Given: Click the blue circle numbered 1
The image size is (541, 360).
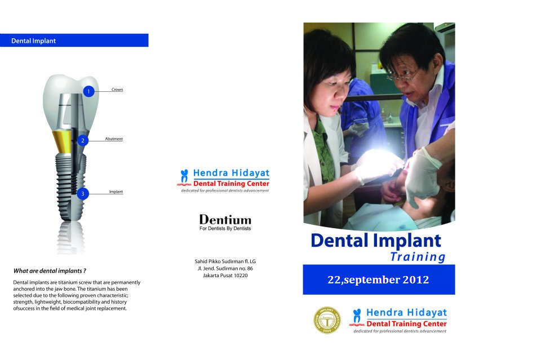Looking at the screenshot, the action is [88, 91].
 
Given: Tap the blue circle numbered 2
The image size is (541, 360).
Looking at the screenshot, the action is [83, 140].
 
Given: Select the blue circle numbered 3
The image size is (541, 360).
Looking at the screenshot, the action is [83, 193].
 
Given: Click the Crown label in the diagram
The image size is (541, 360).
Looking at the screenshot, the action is [117, 90].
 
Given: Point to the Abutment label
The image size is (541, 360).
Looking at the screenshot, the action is [114, 139].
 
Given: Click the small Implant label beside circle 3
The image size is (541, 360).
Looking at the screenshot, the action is [116, 192].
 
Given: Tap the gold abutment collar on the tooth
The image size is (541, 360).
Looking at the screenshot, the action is [63, 141].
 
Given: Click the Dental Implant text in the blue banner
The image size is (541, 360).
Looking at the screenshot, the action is [33, 41].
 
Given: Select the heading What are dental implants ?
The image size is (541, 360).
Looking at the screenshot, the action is [50, 270].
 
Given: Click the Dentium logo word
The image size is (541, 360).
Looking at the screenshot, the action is [225, 220].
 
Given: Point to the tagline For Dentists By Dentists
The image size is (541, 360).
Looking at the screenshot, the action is [225, 228].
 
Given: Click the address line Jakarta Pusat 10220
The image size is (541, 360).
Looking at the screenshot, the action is [225, 275].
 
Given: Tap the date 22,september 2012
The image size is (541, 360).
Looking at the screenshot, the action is [378, 279].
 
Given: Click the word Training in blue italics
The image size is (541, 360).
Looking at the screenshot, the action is [418, 257].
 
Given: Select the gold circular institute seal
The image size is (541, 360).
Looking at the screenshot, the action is [327, 321].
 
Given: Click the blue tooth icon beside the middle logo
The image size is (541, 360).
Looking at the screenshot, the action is [185, 176].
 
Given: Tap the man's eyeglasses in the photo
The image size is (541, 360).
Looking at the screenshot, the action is [402, 75].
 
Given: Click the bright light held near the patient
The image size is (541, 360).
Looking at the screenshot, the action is [376, 162].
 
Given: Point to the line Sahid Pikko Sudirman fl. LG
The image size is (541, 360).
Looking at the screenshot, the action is [225, 261].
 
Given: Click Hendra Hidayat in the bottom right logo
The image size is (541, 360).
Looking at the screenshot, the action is [406, 313].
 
